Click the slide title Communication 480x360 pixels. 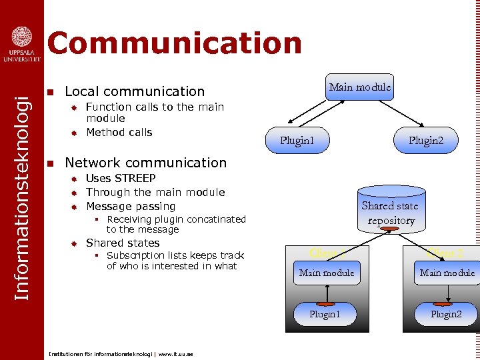[x=174, y=43]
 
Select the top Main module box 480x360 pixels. [x=360, y=87]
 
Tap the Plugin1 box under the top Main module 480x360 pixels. [x=297, y=141]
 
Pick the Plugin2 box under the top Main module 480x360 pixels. [x=425, y=141]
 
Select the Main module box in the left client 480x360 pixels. [x=327, y=272]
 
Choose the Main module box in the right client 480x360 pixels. [x=447, y=272]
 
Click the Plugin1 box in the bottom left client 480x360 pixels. [x=325, y=314]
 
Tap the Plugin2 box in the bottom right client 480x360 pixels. [x=445, y=314]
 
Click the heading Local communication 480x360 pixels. [x=135, y=91]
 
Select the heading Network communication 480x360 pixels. [x=145, y=163]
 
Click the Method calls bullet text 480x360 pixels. [x=119, y=132]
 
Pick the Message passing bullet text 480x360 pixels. [x=131, y=206]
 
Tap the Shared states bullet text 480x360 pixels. [x=123, y=243]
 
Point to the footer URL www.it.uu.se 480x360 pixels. [x=175, y=354]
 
